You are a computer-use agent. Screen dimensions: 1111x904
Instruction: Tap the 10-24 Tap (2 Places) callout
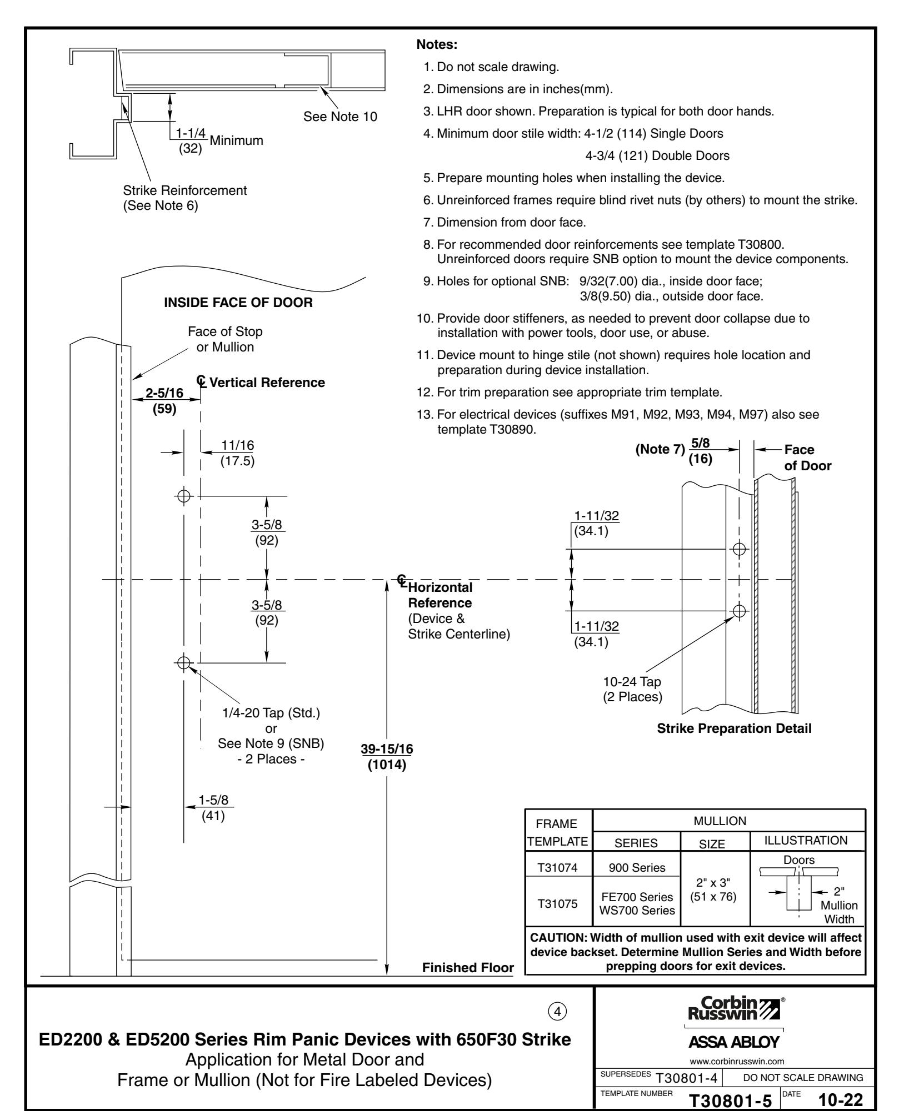632,689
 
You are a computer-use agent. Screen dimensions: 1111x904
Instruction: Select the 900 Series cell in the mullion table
637,883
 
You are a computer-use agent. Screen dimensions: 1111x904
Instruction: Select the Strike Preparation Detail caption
734,729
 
